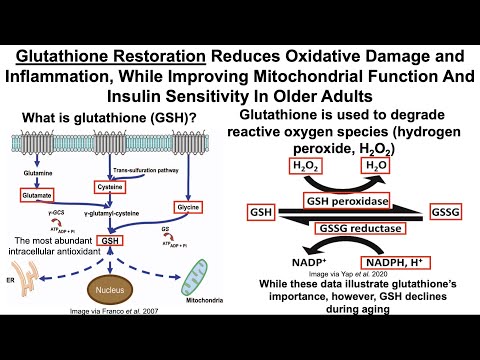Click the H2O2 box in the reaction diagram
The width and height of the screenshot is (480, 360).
pos(306,165)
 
